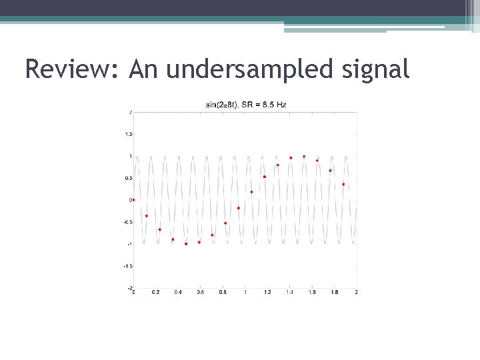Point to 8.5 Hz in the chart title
click(x=275, y=104)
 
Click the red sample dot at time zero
click(x=133, y=199)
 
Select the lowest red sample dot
click(x=186, y=244)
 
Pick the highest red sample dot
click(x=304, y=157)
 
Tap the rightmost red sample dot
click(x=343, y=184)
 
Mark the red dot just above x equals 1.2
click(x=265, y=177)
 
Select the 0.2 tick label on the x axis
click(x=155, y=293)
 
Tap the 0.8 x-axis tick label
click(x=223, y=293)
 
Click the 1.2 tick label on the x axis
click(x=267, y=293)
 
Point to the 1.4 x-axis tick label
click(x=289, y=293)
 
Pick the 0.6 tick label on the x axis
click(x=200, y=293)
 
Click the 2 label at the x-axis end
click(x=357, y=293)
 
